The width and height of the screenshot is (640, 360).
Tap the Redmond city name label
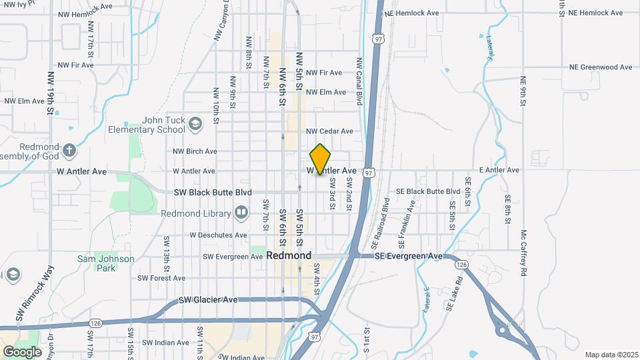point(289,255)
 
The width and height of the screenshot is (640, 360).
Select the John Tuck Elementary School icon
point(195,123)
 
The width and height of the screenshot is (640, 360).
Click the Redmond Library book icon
point(241,213)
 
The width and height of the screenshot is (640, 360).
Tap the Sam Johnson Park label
point(105,263)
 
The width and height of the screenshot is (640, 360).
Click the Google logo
point(22,351)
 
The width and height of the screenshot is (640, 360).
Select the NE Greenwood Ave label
point(600,67)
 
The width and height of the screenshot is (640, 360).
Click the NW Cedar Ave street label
point(329,131)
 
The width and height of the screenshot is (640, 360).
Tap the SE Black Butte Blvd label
point(428,191)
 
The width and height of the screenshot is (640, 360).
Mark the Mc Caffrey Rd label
point(524,253)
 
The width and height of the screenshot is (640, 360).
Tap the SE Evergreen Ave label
point(408,256)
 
